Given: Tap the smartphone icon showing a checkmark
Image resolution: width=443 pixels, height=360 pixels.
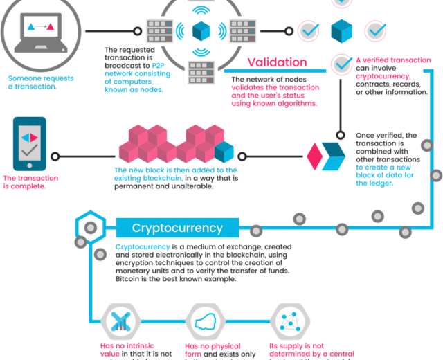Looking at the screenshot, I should pyautogui.click(x=29, y=143).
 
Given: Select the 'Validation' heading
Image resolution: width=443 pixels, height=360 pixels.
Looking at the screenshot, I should pyautogui.click(x=277, y=62).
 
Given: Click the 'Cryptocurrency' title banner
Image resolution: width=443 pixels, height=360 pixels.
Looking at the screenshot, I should pyautogui.click(x=177, y=228).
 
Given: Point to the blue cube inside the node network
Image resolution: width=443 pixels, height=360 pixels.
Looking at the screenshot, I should pyautogui.click(x=200, y=31).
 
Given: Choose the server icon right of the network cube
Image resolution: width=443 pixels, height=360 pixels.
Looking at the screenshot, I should pyautogui.click(x=243, y=31).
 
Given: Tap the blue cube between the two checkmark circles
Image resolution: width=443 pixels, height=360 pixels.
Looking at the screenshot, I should pyautogui.click(x=341, y=31).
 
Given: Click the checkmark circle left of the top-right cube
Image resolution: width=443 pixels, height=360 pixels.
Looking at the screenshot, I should pyautogui.click(x=308, y=30).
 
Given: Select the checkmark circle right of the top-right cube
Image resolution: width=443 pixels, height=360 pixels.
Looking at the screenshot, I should pyautogui.click(x=375, y=30).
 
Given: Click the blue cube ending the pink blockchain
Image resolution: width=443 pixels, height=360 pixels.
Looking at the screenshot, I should pyautogui.click(x=225, y=151).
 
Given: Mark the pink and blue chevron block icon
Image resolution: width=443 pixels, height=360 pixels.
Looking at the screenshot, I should pyautogui.click(x=326, y=157).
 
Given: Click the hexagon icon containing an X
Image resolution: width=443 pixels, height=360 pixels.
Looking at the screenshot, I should pyautogui.click(x=120, y=322).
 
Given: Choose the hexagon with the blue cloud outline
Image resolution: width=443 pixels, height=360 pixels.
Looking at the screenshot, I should pyautogui.click(x=205, y=322).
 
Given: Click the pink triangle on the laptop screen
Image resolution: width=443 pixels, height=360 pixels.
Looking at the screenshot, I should pyautogui.click(x=50, y=27).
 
